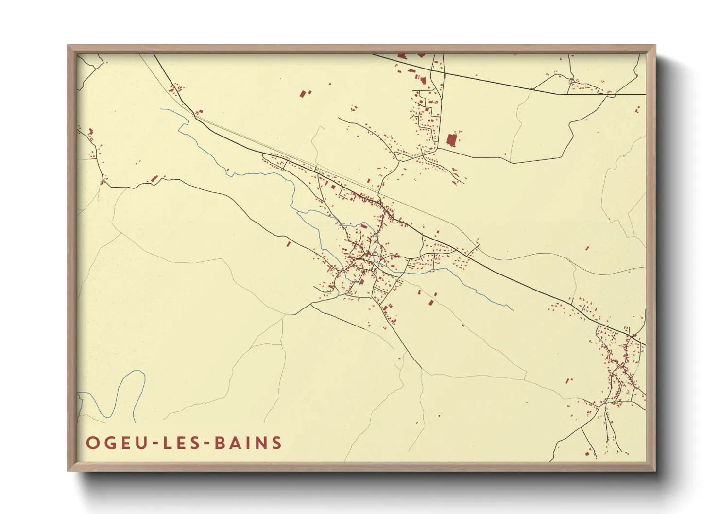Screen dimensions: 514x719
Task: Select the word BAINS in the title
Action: click(249, 443)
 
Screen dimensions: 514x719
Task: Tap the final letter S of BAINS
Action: click(277, 443)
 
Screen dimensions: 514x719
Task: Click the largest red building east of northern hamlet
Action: click(451, 139)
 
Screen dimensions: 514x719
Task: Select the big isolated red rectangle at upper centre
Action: click(304, 94)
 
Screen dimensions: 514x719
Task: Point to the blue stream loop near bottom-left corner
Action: click(121, 394)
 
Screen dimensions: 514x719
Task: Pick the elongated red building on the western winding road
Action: click(154, 179)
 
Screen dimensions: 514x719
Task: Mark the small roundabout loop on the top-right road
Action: click(610, 95)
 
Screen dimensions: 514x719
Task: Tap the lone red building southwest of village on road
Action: click(288, 244)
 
